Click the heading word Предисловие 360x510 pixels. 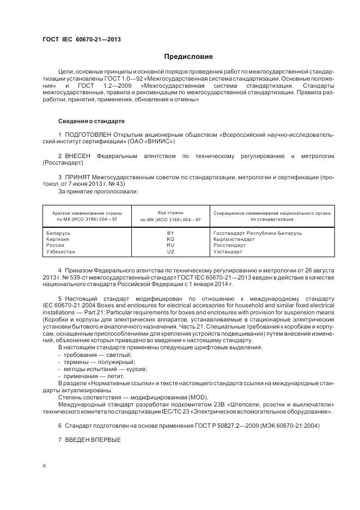pyautogui.click(x=188, y=57)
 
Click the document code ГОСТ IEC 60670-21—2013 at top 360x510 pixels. pyautogui.click(x=82, y=39)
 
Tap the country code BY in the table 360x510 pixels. pyautogui.click(x=170, y=233)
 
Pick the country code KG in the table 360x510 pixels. pyautogui.click(x=170, y=239)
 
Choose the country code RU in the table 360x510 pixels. pyautogui.click(x=170, y=246)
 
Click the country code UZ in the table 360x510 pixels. pyautogui.click(x=170, y=252)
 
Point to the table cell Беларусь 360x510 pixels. pyautogui.click(x=59, y=233)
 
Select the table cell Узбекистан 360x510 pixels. pyautogui.click(x=61, y=252)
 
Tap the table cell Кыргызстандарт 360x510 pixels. pyautogui.click(x=234, y=239)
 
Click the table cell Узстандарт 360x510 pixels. pyautogui.click(x=229, y=252)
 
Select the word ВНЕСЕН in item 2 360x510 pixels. pyautogui.click(x=78, y=156)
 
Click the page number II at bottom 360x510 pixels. pyautogui.click(x=44, y=465)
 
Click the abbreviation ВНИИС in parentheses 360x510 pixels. pyautogui.click(x=161, y=141)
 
